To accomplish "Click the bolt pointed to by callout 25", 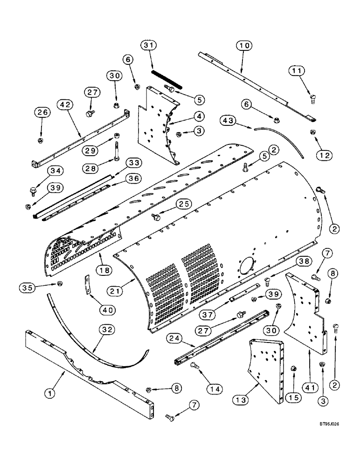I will (x=156, y=217).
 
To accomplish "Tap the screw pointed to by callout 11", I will (x=312, y=98).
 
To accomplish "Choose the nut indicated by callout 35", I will (x=60, y=283).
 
